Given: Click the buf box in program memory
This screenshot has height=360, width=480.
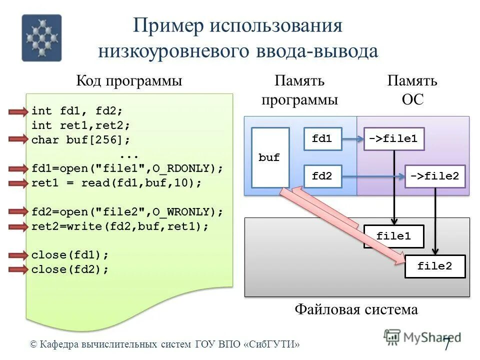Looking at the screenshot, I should click(270, 157).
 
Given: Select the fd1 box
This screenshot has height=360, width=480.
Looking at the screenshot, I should click(323, 139).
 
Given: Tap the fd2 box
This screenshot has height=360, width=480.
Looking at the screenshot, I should click(323, 176).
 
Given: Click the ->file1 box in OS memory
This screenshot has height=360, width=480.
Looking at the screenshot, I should click(394, 139).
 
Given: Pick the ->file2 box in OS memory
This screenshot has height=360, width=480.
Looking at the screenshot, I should click(435, 176).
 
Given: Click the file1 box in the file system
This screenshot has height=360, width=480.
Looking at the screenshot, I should click(394, 236).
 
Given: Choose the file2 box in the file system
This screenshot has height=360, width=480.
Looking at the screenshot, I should click(435, 266).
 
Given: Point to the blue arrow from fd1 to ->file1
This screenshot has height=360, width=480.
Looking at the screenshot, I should click(353, 139).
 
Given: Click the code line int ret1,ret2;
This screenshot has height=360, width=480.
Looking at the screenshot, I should click(80, 125).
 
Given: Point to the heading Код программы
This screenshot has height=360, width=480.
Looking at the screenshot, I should click(129, 81).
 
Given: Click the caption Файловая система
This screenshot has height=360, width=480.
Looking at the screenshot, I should click(356, 309).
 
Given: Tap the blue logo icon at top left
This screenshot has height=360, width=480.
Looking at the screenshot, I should click(41, 37).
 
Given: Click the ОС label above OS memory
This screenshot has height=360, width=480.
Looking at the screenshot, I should click(412, 99).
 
